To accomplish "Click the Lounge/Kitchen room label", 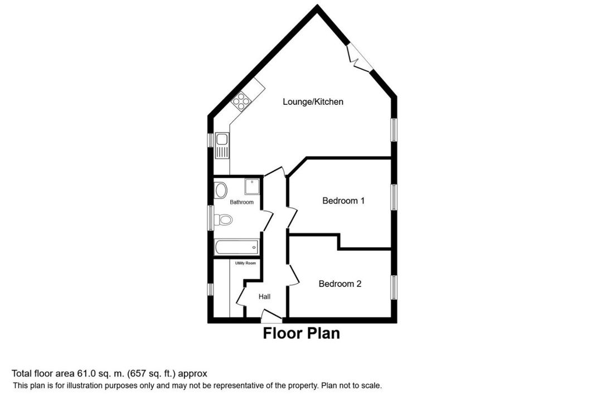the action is [x=313, y=102].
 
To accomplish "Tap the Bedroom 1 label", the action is [x=343, y=201].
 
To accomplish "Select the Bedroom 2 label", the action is [x=340, y=284].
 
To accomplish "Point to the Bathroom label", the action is [x=241, y=202].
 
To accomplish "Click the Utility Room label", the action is [x=245, y=264].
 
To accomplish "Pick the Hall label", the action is [x=265, y=296].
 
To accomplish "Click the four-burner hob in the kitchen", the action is [x=241, y=100].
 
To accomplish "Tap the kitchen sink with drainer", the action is [x=222, y=146].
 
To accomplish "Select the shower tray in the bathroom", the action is [x=252, y=187].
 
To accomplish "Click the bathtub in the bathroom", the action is [x=236, y=247].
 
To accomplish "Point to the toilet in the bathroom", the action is [x=224, y=220].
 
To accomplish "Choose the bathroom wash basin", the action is [x=221, y=191].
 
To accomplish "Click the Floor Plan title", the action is [x=301, y=334].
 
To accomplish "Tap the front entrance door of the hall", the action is [x=271, y=316].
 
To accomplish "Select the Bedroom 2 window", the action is [x=394, y=288].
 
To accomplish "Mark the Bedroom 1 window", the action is [x=394, y=197].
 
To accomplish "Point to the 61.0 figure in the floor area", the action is [x=85, y=374].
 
